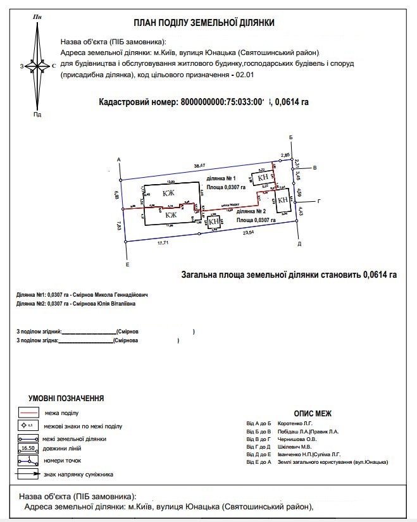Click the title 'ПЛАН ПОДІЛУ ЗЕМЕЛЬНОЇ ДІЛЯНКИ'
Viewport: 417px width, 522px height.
tap(204, 23)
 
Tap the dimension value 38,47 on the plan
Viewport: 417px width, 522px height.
tap(200, 165)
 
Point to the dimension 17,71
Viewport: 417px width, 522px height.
tap(164, 242)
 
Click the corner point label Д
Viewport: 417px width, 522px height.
tap(299, 244)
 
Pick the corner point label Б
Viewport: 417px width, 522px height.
tap(290, 137)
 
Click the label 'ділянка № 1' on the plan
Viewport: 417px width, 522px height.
tap(221, 178)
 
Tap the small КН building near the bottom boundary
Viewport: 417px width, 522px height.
tap(215, 221)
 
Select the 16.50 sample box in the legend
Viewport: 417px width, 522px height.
tap(27, 448)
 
